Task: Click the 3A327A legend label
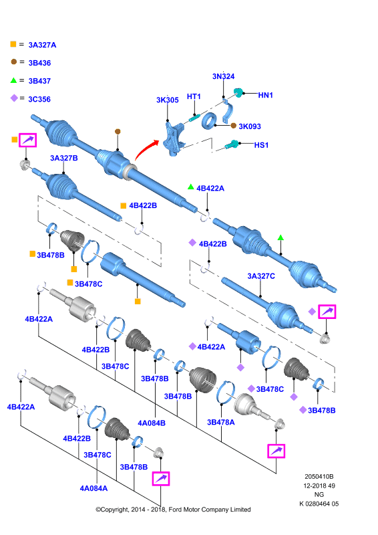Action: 42,45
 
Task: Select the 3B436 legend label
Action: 39,63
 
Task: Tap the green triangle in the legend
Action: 13,80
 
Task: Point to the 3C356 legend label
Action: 39,99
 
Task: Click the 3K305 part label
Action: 168,100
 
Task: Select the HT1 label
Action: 194,96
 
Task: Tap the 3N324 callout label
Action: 223,76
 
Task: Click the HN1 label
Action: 266,95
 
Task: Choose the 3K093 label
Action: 250,126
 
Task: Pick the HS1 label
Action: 261,145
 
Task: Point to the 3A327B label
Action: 63,158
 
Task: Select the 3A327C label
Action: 261,276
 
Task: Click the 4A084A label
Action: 93,489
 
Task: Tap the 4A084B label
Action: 152,423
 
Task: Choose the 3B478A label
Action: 221,423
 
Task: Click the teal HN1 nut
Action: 238,92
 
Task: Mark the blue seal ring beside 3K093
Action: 208,122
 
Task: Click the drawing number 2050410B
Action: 319,477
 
